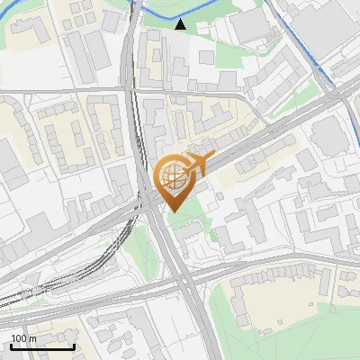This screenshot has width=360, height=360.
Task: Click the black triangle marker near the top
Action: click(x=181, y=24)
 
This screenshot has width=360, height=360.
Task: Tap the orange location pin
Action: click(x=174, y=181)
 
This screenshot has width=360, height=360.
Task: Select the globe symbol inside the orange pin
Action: click(x=172, y=176)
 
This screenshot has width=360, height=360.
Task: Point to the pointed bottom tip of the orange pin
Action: click(x=174, y=211)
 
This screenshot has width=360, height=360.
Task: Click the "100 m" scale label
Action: click(x=24, y=338)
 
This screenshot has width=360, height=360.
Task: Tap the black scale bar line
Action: click(x=42, y=346)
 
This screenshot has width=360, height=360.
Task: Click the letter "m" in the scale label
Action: click(x=33, y=338)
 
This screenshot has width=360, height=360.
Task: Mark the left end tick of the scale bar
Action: click(x=11, y=345)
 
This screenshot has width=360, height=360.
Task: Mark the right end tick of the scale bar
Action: click(x=74, y=345)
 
